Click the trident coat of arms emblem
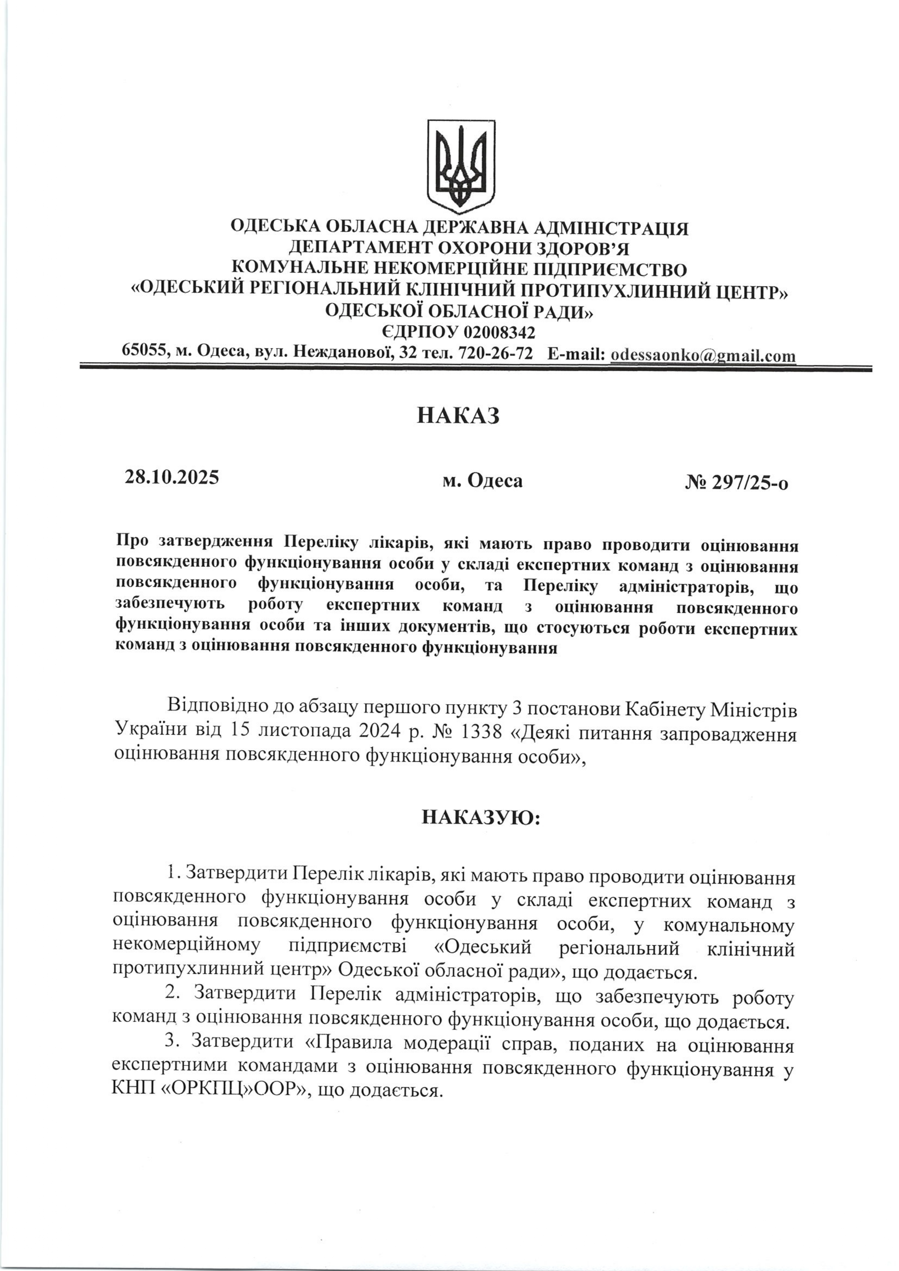click(461, 166)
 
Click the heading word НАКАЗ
click(458, 415)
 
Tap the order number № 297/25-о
click(737, 483)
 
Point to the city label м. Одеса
click(482, 480)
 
